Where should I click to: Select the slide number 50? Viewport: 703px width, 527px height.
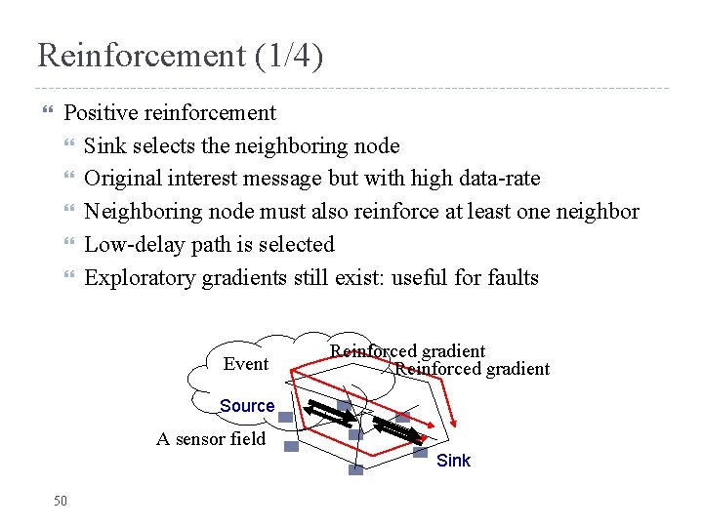pyautogui.click(x=61, y=501)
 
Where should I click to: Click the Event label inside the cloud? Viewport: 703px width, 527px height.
pyautogui.click(x=245, y=364)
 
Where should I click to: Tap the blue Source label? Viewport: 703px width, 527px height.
pyautogui.click(x=247, y=406)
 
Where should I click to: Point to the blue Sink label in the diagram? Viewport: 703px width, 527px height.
pyautogui.click(x=453, y=461)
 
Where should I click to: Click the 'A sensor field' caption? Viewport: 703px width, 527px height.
pyautogui.click(x=211, y=439)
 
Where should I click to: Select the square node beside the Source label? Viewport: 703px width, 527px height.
pyautogui.click(x=285, y=417)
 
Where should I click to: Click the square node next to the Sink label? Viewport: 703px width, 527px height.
pyautogui.click(x=420, y=452)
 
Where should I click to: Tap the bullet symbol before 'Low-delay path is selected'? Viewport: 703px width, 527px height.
pyautogui.click(x=68, y=245)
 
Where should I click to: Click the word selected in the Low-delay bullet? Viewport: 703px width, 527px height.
pyautogui.click(x=297, y=245)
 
